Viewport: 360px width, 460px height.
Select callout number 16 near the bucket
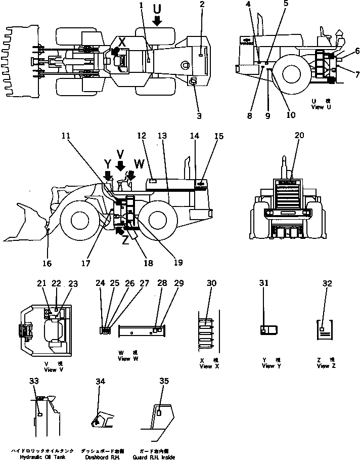tap(47, 263)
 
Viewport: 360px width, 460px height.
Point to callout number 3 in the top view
tap(199, 115)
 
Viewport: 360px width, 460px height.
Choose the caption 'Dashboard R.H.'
tap(102, 456)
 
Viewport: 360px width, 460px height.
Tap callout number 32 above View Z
tap(327, 283)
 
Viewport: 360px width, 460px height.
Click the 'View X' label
tap(206, 366)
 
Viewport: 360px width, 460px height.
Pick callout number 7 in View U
tap(343, 75)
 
